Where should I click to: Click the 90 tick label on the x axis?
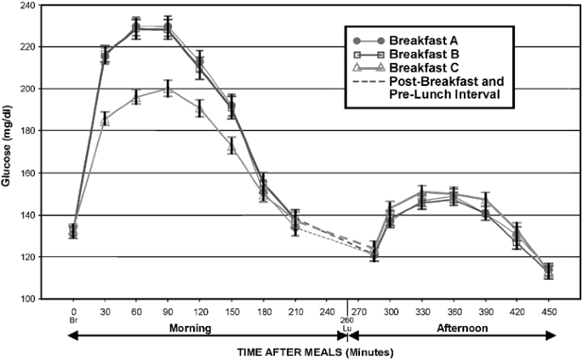click(168, 312)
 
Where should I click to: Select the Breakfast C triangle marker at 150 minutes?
click(231, 146)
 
